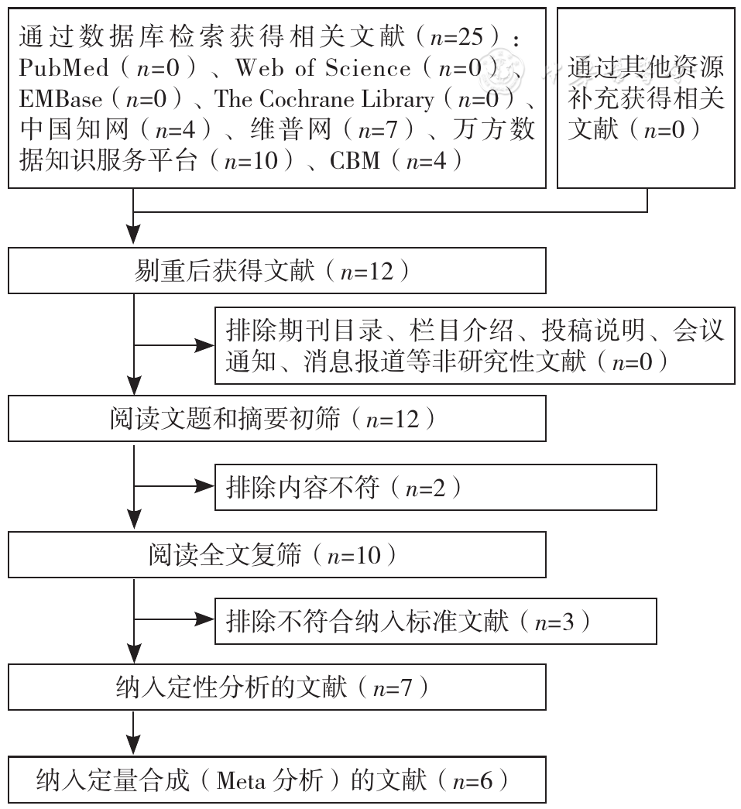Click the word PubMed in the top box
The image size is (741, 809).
63,67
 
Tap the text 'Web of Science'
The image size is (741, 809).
323,67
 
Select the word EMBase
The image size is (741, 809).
60,98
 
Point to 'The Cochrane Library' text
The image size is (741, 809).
324,98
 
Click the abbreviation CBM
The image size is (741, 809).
355,160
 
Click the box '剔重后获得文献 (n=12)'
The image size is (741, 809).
277,270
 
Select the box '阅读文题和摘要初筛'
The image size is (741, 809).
277,418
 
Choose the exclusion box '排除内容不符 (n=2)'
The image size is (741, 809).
435,487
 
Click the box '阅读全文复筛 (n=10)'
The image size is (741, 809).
277,554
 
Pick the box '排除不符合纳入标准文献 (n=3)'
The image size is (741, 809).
435,621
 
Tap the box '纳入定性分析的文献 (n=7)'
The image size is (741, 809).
277,687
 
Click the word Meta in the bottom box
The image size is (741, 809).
241,780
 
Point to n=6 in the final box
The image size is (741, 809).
472,780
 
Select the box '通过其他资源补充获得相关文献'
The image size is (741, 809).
646,98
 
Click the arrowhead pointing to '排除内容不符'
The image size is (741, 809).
204,486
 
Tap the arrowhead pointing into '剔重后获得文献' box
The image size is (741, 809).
134,235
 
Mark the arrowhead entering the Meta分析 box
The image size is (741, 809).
134,745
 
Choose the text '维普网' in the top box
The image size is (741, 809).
291,129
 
